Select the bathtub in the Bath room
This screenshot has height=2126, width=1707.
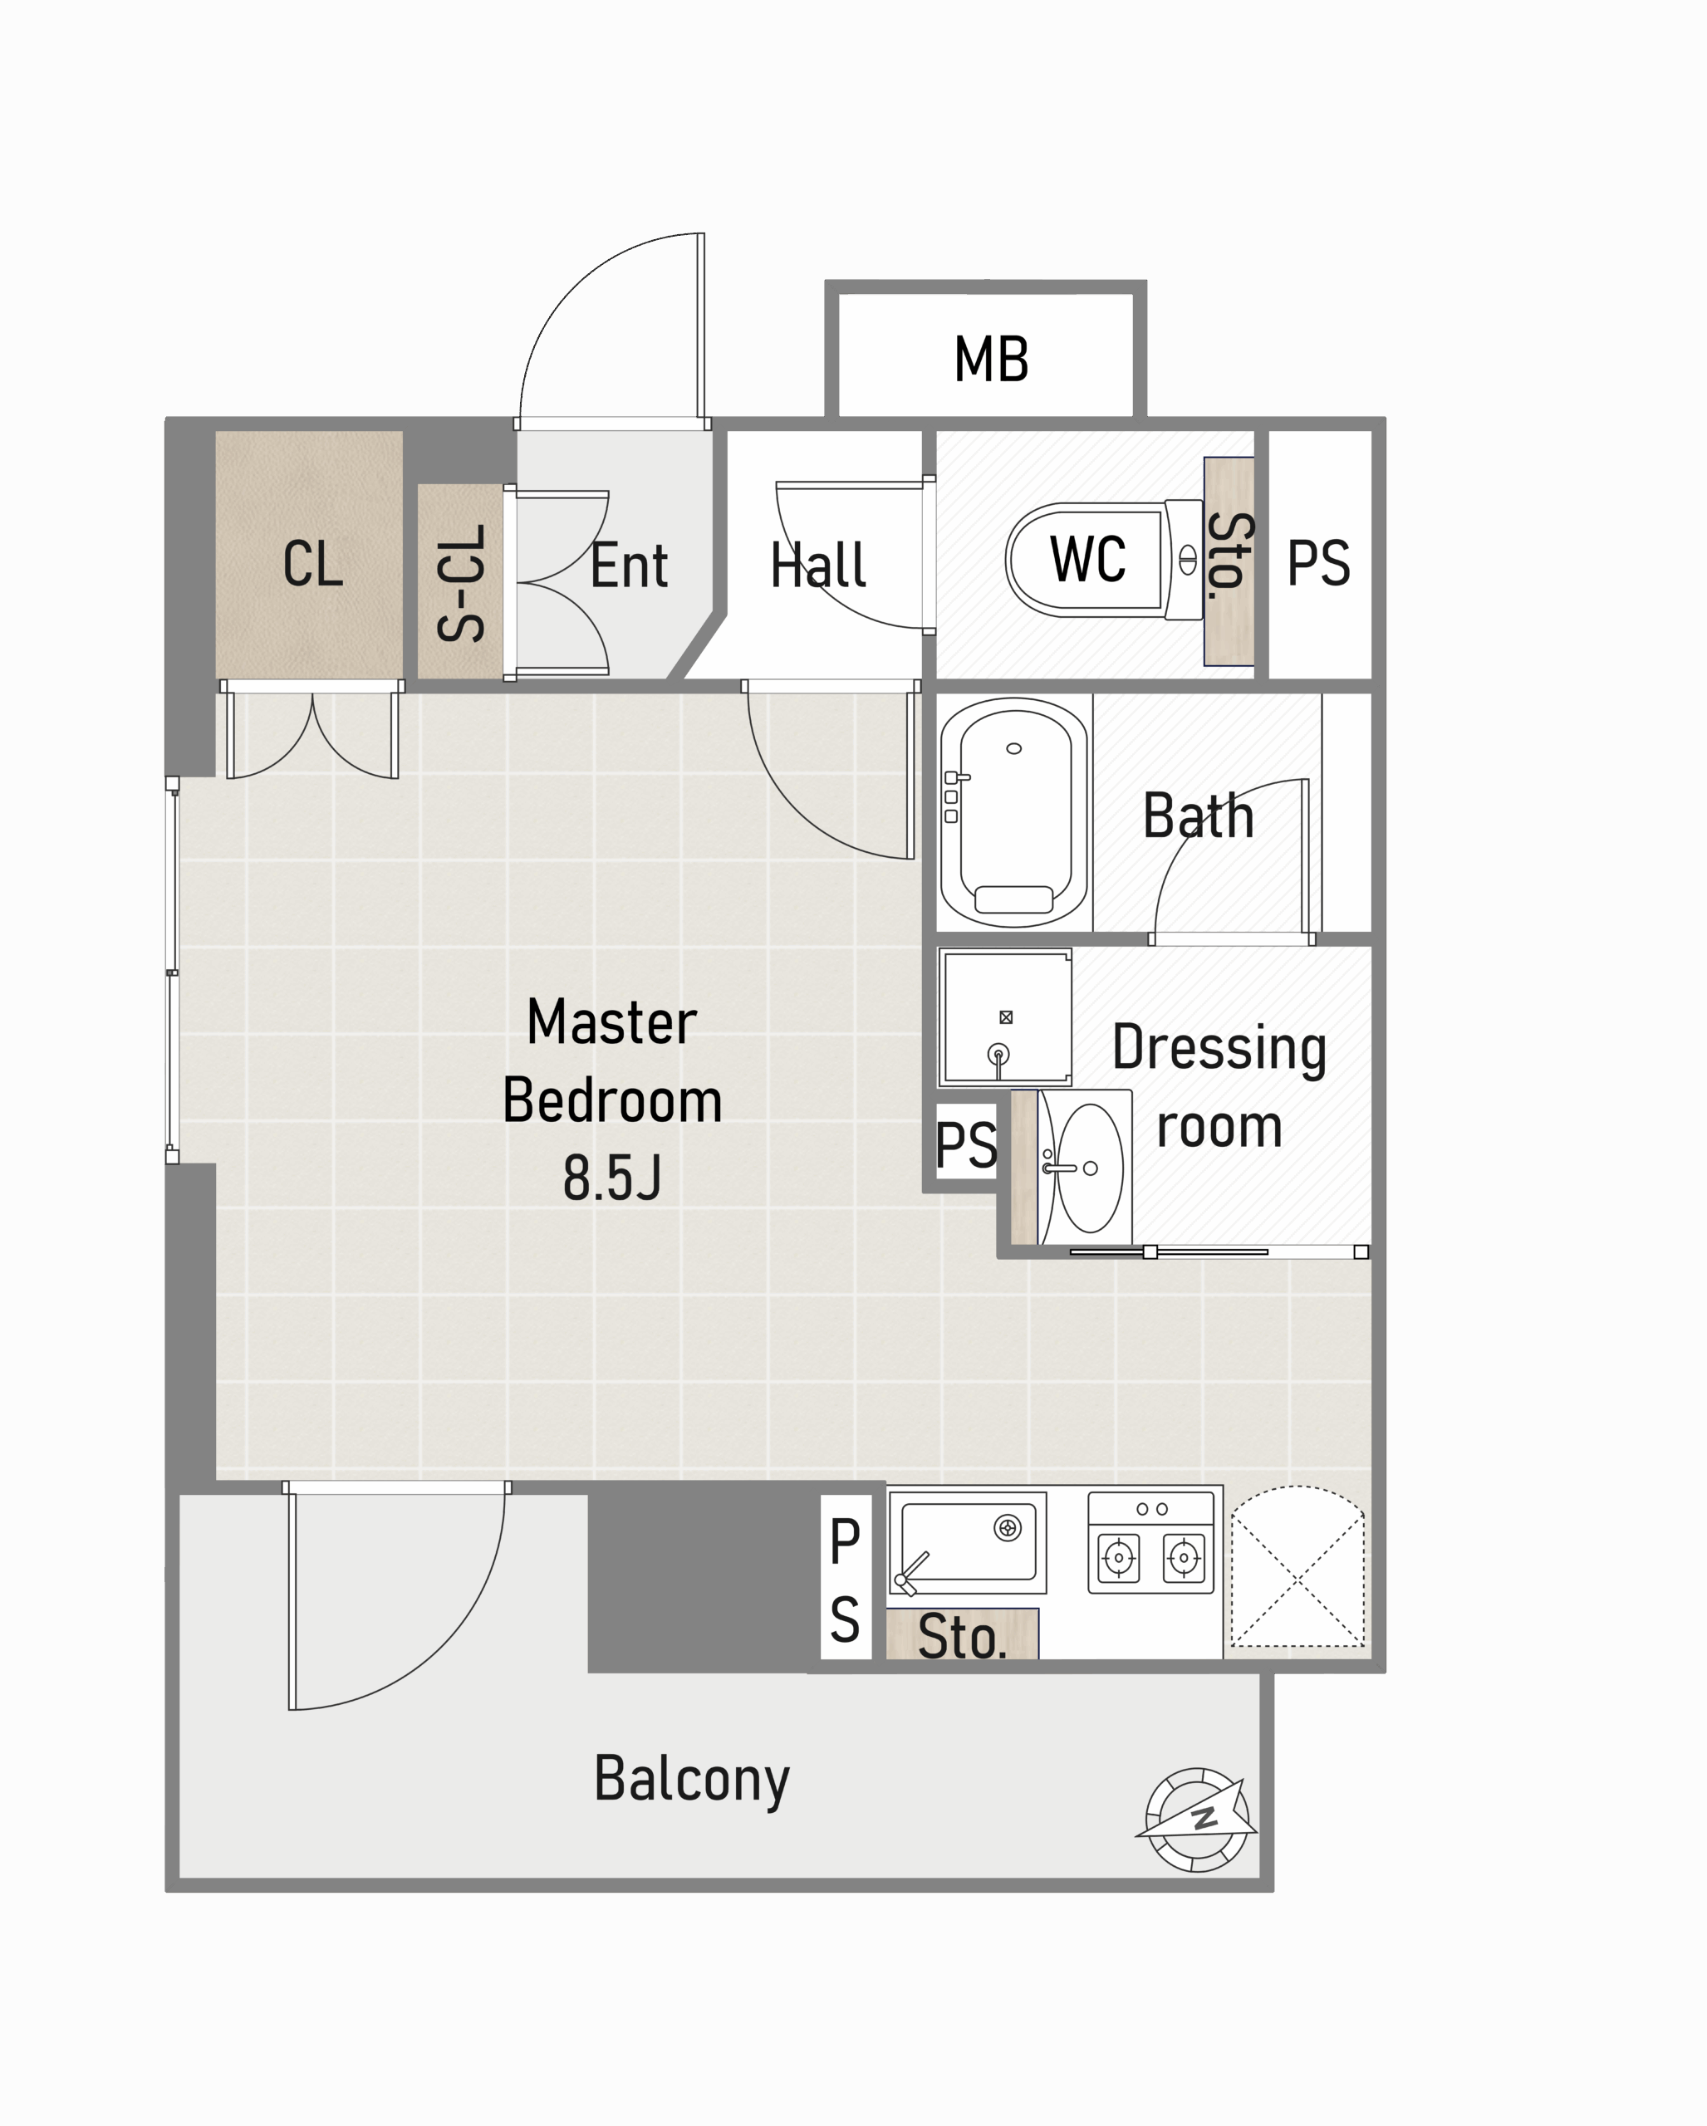point(1013,812)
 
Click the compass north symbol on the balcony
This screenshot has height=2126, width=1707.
point(1197,1820)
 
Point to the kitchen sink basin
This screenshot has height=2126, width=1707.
point(968,1541)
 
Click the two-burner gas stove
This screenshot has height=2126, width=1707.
point(1150,1542)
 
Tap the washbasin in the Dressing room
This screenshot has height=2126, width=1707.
point(1086,1168)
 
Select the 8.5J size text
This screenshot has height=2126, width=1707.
point(611,1178)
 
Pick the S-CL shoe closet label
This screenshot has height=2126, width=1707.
point(460,583)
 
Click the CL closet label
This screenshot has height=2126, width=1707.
point(312,564)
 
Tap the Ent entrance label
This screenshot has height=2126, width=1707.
point(629,566)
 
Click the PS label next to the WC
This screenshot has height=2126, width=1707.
point(1318,564)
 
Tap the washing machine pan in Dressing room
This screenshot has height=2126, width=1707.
point(1005,1016)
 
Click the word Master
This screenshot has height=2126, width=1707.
point(611,1021)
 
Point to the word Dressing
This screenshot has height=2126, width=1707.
point(1219,1048)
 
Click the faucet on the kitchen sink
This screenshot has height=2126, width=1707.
point(910,1573)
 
